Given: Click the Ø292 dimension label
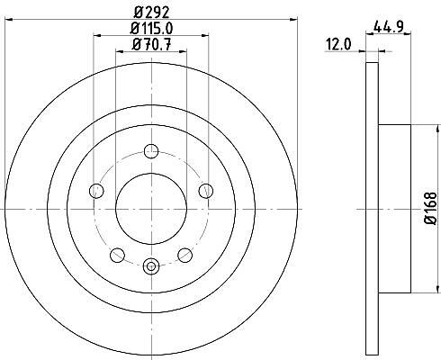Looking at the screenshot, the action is pyautogui.click(x=152, y=13).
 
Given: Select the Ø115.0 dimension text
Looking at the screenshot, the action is pyautogui.click(x=151, y=29).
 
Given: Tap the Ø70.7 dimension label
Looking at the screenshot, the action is pyautogui.click(x=151, y=45).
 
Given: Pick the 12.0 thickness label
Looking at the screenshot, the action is pyautogui.click(x=339, y=45).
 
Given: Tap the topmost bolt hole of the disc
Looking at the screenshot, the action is pyautogui.click(x=151, y=151).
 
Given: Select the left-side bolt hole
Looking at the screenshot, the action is pyautogui.click(x=96, y=191).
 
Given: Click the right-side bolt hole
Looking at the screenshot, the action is pyautogui.click(x=206, y=191).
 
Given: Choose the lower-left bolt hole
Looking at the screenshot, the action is pyautogui.click(x=117, y=255).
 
